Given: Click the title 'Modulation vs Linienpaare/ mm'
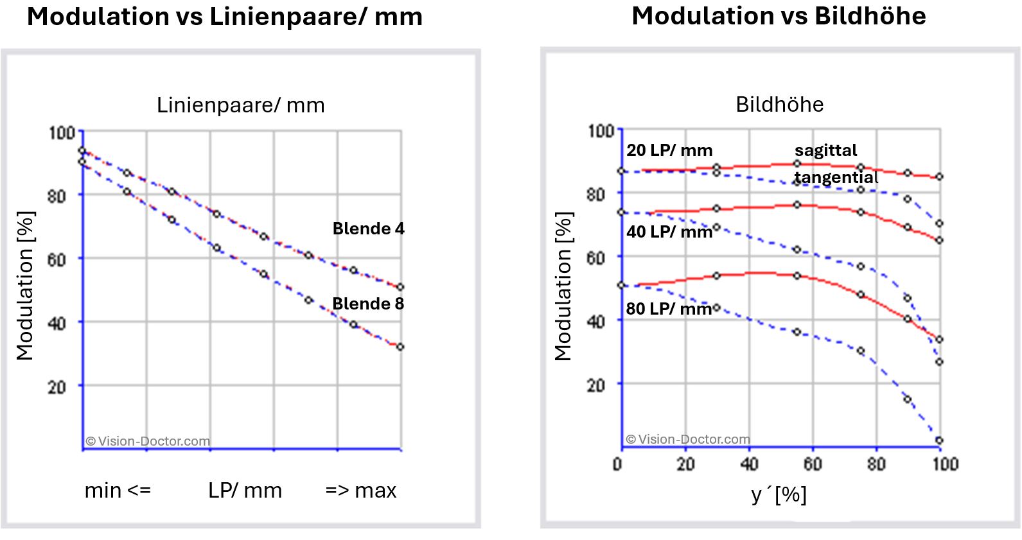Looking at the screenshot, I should coord(225,17).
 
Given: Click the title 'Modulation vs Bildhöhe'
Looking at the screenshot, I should coord(779,16).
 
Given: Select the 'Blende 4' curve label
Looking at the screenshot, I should coord(368,229).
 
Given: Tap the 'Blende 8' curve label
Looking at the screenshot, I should coord(368,304).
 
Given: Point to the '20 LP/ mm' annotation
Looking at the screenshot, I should coord(669,150).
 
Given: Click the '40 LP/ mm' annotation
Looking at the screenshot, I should coord(669,232).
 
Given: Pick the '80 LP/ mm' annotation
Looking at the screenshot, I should coord(669,309).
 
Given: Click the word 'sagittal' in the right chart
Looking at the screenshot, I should coord(825,150).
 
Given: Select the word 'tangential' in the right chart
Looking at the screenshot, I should coord(836,177).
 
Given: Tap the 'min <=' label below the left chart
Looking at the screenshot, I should coord(118,491).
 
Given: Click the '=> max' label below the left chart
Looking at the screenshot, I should coord(360,491).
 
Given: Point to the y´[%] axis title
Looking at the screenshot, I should coord(779,494).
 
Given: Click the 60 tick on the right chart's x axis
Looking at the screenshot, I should coord(813,464).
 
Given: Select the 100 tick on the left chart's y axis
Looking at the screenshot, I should coord(62,133).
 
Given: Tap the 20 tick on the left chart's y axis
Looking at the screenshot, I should coord(57,387).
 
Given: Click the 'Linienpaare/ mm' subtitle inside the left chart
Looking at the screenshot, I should coord(241,105).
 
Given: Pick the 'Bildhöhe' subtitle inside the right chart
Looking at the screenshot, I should coord(779,104).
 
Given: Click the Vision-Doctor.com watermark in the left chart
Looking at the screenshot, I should coord(148,441).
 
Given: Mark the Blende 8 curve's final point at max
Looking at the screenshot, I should coord(400,347).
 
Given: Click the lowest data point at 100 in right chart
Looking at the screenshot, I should coord(939,440).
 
